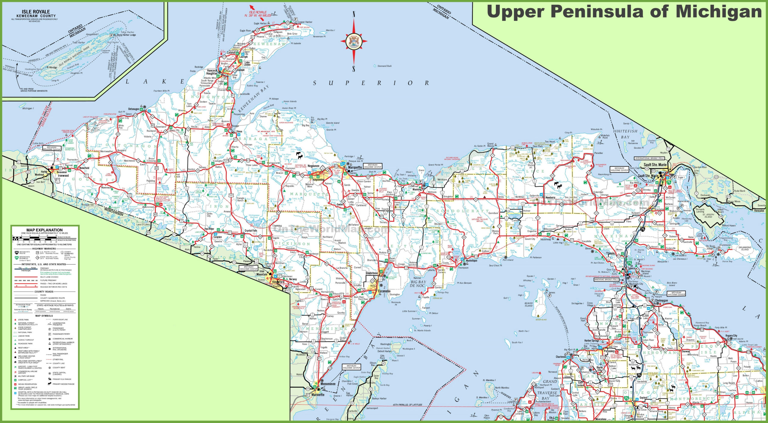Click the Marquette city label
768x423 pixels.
(x=355, y=167)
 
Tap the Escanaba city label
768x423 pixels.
(x=384, y=291)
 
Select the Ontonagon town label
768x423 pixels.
(x=134, y=109)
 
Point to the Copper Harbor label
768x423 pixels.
(x=305, y=22)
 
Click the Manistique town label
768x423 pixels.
(x=472, y=261)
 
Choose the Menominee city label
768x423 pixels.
(x=328, y=384)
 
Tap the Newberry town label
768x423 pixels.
(x=550, y=198)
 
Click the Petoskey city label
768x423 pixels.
(x=609, y=351)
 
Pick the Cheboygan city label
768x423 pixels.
(x=661, y=301)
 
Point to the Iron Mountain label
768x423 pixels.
(x=262, y=273)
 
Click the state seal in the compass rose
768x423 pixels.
(x=354, y=41)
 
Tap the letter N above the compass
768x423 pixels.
(x=354, y=14)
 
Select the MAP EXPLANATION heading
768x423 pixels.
(x=44, y=230)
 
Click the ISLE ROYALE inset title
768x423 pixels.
(x=36, y=12)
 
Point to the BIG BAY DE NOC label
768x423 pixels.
(x=418, y=284)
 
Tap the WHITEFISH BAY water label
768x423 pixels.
(x=625, y=134)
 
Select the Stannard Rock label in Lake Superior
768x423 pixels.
(x=384, y=66)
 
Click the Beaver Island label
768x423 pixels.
(x=528, y=305)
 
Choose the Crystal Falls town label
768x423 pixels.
(x=251, y=231)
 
